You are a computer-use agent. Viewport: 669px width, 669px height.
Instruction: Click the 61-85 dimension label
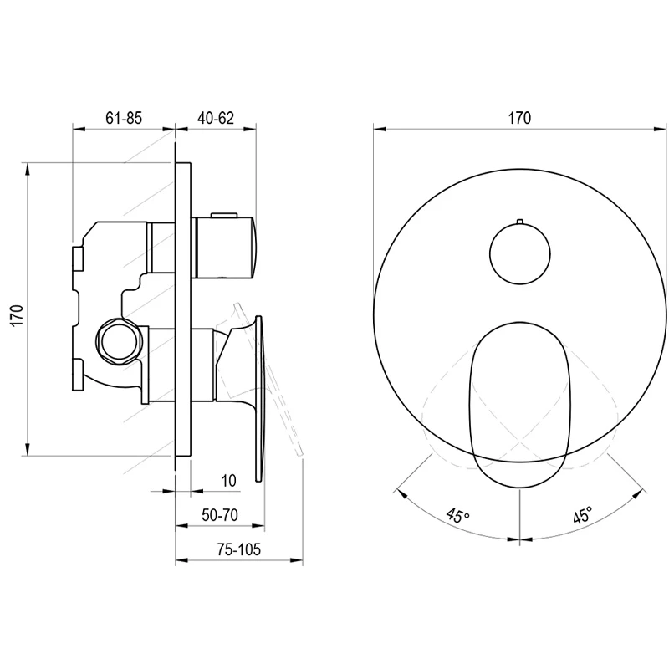click(124, 118)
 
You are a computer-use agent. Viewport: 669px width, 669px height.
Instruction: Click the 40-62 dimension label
click(216, 118)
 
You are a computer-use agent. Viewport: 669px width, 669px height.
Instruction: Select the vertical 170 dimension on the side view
click(17, 316)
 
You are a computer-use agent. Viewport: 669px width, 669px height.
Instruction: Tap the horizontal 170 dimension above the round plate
click(519, 118)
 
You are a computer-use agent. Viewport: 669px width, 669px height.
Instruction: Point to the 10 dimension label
click(228, 481)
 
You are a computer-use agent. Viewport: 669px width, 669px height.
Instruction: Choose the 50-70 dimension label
click(220, 515)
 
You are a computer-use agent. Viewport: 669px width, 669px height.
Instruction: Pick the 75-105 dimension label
click(238, 549)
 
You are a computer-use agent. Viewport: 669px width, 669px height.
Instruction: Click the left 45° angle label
click(457, 515)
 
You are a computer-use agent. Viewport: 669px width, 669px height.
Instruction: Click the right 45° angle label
click(583, 515)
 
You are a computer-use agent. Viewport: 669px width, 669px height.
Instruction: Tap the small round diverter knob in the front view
click(519, 254)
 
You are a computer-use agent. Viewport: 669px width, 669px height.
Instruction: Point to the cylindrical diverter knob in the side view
click(225, 248)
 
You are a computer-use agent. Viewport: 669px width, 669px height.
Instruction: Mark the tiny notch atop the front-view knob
click(519, 222)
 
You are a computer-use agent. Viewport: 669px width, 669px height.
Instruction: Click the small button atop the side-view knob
click(223, 214)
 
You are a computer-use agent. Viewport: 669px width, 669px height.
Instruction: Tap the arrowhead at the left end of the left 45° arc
click(402, 493)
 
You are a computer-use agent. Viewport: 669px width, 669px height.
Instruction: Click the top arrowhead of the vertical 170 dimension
click(27, 170)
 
